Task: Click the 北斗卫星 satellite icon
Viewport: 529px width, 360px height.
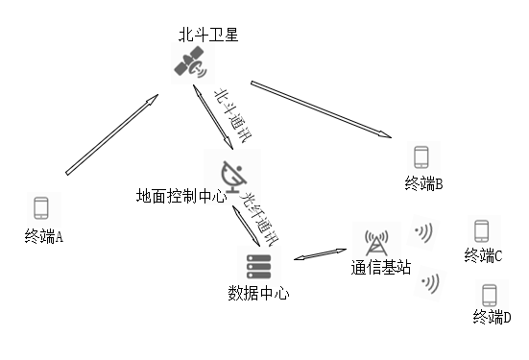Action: tap(188, 63)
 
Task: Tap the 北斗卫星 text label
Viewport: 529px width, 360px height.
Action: tap(207, 36)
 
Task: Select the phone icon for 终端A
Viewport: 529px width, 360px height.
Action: tap(41, 208)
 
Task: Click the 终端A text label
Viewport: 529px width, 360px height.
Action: tap(44, 236)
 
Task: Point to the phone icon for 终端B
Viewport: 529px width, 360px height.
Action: tap(421, 157)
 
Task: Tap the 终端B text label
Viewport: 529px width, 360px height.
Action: tap(422, 183)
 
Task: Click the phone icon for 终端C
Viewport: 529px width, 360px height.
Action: tap(482, 231)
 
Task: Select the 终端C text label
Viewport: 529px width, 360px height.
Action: tap(484, 255)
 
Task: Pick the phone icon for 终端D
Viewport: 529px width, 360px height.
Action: tap(490, 294)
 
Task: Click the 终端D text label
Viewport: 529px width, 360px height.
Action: tap(493, 318)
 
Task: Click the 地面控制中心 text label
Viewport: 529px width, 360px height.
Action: tap(182, 197)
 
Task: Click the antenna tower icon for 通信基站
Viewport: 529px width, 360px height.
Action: tap(374, 244)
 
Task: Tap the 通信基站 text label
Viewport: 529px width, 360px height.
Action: tap(380, 269)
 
